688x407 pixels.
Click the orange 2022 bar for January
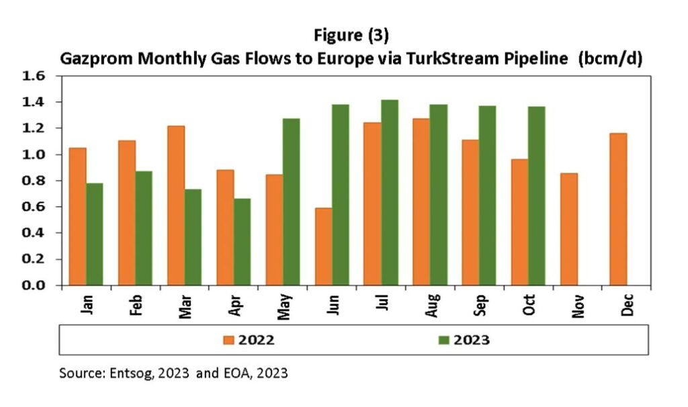[77, 216]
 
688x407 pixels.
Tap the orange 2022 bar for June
[323, 246]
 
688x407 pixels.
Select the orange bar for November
[568, 229]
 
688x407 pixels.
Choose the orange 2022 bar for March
[176, 206]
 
